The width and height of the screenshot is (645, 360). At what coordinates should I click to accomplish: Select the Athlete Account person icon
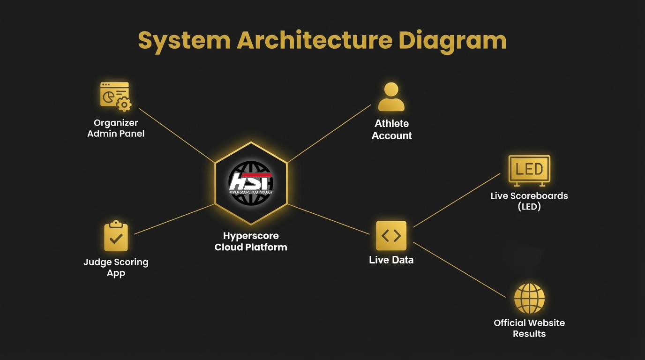(x=391, y=97)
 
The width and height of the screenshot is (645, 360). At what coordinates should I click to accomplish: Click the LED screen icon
(x=529, y=170)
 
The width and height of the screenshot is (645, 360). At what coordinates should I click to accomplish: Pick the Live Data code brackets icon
(x=391, y=236)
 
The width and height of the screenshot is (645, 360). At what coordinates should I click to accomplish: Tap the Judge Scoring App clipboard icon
(x=116, y=237)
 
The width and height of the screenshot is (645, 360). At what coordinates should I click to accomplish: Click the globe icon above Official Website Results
(x=529, y=299)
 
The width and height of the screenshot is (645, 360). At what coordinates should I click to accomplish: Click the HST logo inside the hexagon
(x=251, y=183)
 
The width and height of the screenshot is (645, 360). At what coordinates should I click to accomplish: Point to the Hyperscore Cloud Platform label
(x=251, y=241)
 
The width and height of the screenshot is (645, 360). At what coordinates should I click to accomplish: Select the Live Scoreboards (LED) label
(x=529, y=201)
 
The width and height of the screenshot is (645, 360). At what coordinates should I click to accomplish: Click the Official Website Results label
(x=529, y=328)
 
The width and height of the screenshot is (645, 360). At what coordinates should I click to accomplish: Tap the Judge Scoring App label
(x=116, y=268)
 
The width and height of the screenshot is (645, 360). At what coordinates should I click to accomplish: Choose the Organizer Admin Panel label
(x=116, y=128)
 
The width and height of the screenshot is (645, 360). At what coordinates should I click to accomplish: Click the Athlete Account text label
(x=392, y=130)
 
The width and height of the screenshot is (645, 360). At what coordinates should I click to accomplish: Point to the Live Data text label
(x=391, y=260)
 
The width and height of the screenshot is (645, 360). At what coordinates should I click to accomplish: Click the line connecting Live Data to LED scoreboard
(x=457, y=200)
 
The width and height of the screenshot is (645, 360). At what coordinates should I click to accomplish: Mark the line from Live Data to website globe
(x=459, y=270)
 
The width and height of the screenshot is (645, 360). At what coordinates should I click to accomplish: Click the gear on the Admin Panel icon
(x=124, y=105)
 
